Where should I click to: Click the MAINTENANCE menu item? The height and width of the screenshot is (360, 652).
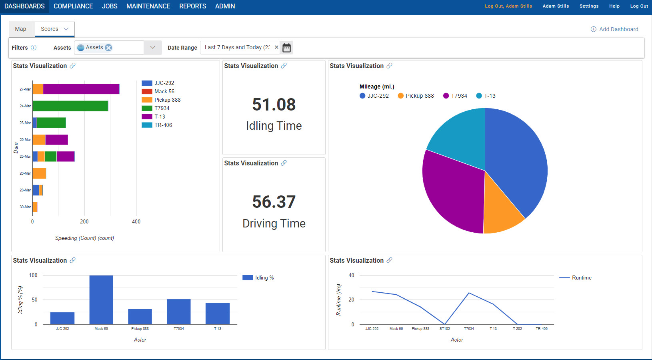pos(148,6)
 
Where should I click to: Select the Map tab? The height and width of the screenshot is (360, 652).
pos(20,29)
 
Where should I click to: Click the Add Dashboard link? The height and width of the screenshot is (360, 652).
pos(614,29)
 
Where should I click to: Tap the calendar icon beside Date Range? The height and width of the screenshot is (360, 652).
pos(286,48)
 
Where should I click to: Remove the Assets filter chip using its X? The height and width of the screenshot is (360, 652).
pos(108,48)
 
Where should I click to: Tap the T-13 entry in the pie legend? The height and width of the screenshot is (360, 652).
pos(486,96)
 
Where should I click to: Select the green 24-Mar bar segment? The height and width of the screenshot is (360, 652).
pos(70,106)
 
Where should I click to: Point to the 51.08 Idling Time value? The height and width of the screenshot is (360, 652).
pos(274,105)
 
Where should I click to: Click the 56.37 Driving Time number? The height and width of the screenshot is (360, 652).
pos(274,202)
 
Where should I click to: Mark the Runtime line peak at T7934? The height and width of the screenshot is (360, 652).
pos(469,293)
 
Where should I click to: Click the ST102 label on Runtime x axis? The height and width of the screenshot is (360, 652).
pos(444,328)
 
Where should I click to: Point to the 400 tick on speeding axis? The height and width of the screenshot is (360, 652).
pos(136,221)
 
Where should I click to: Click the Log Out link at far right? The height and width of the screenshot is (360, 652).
pos(639,6)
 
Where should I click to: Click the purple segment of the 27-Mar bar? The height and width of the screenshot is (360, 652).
pos(81,89)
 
